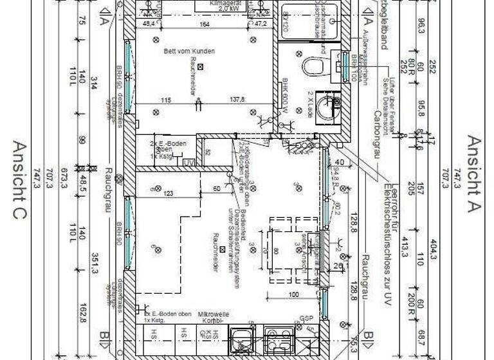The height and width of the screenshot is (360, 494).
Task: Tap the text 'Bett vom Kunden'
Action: [x=189, y=51]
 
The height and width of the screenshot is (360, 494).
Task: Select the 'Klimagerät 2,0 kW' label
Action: [x=224, y=6]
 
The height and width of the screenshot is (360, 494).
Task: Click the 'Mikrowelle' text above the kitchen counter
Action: [x=210, y=314]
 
